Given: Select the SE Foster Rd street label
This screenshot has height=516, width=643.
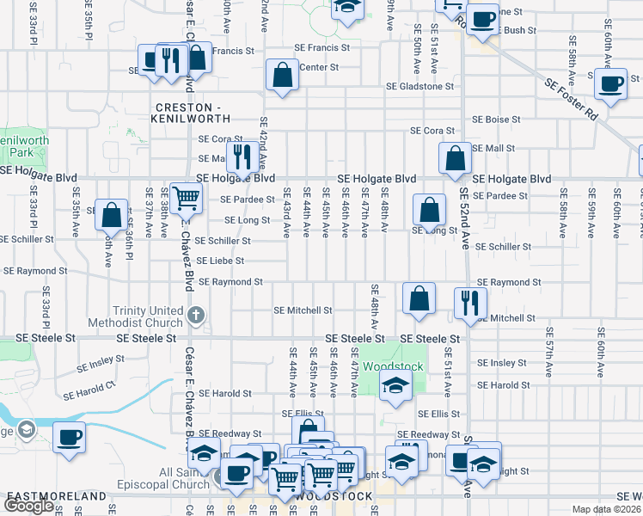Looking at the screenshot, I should pos(571,97).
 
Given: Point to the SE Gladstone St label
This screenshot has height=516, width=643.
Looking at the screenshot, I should pos(419,87).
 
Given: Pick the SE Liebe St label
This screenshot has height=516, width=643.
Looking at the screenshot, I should pos(221,261).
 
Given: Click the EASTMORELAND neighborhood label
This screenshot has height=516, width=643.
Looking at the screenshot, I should pos(45,497).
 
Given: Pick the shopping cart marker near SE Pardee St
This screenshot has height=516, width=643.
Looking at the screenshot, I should pos(186,199).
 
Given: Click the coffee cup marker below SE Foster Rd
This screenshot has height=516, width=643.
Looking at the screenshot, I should pos(611,85).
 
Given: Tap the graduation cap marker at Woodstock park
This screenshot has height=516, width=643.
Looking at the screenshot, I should pos(395,385).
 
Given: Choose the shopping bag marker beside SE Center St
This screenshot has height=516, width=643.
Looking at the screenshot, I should pos(282,76).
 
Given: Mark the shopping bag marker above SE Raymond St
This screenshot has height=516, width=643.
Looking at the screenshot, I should pos(419,299).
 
